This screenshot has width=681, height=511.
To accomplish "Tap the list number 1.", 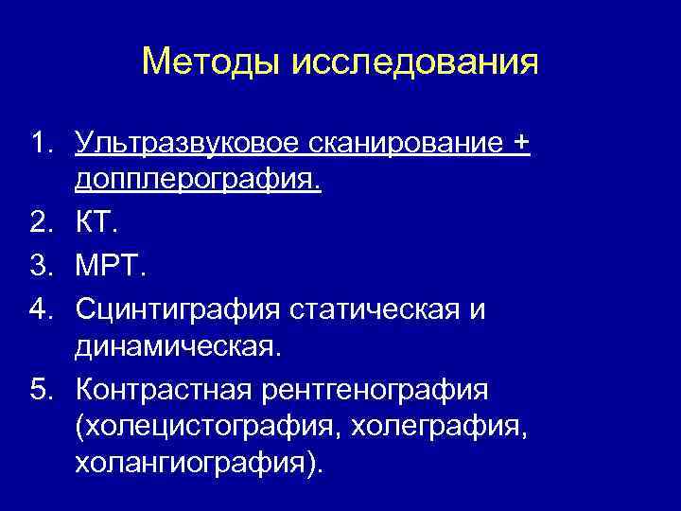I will click(39, 144).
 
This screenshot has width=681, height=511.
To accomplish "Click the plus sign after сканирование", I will click(520, 144).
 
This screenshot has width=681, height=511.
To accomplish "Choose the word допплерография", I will click(198, 179).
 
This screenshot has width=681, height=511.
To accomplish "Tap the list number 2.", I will click(39, 224).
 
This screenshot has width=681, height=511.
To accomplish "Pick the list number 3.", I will click(39, 266).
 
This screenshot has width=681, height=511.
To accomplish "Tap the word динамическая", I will click(179, 346).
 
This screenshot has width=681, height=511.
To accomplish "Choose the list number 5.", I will click(39, 389).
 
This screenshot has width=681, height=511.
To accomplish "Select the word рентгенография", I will click(384, 389).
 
